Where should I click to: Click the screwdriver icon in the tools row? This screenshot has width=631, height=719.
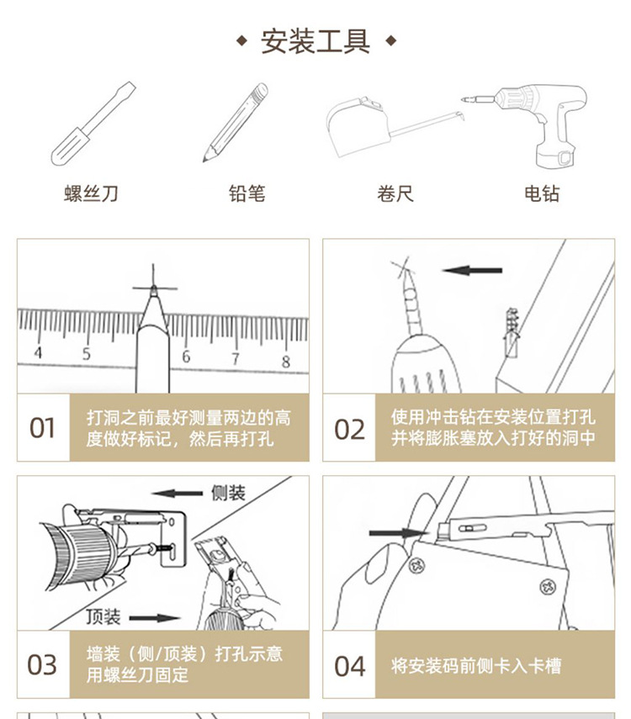click(92, 124)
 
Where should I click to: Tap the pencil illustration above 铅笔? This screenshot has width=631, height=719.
click(235, 123)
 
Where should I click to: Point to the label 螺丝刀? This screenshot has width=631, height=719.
click(92, 194)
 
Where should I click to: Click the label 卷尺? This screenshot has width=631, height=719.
click(395, 194)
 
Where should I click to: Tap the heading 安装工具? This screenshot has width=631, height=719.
click(315, 41)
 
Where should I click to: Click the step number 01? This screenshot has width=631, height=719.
click(42, 428)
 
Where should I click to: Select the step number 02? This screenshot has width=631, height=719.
click(349, 429)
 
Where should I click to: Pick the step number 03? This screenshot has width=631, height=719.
click(42, 664)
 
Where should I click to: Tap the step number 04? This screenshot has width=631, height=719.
click(349, 666)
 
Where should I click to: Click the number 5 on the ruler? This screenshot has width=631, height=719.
click(86, 354)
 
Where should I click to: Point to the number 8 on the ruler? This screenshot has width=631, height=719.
click(285, 362)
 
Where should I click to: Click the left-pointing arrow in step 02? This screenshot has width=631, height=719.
click(472, 271)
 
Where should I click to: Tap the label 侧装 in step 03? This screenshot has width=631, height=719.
click(226, 493)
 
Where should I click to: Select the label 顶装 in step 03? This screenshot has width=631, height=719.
click(104, 617)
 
